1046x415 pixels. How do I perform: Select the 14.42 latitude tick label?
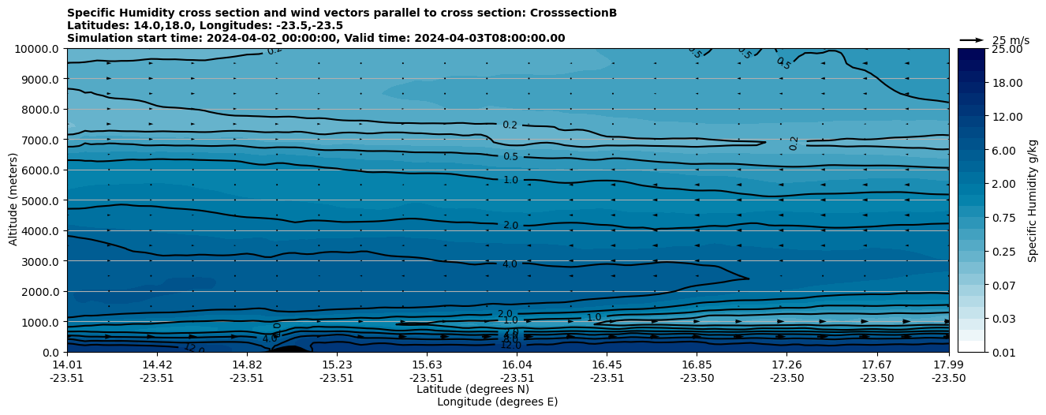point(157,365)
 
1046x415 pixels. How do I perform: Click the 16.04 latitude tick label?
point(517,365)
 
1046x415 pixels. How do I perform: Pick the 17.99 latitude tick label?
point(948,365)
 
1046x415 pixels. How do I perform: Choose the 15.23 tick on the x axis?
point(337,365)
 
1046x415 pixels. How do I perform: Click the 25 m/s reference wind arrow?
point(972,40)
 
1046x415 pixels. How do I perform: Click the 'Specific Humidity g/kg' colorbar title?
point(1033,200)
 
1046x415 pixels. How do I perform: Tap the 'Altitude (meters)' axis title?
point(13,200)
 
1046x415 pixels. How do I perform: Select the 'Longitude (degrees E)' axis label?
point(497,402)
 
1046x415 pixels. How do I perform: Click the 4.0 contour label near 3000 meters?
point(510,264)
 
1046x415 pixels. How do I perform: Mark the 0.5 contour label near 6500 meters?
point(510,157)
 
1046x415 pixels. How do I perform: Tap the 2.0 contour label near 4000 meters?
point(510,226)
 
